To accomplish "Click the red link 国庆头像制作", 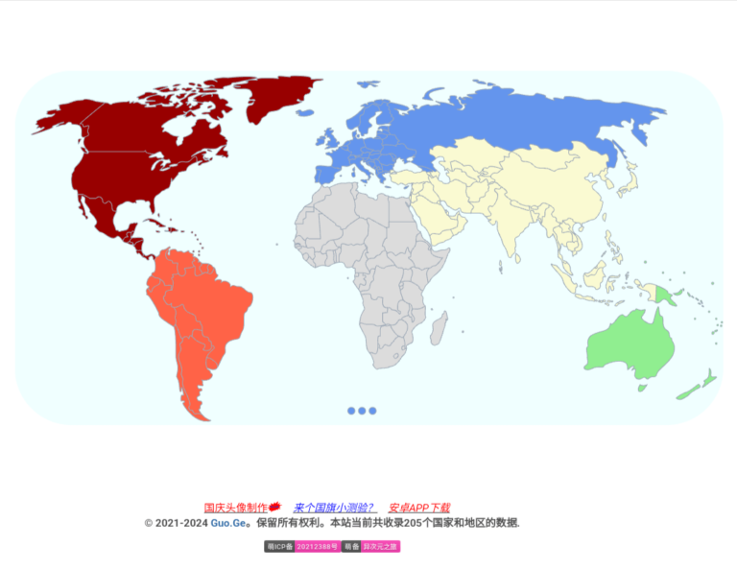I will click(235, 508).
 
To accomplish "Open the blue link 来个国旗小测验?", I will click(335, 508).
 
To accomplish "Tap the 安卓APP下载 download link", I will click(419, 508).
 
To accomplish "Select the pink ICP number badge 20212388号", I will click(317, 547).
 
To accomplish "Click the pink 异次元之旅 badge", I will click(380, 547).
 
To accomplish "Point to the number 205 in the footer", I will click(415, 523).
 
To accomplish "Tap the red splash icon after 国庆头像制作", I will click(274, 507).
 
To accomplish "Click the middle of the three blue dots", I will click(362, 411).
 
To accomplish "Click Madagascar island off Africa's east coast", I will click(439, 329).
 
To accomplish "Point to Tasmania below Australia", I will click(642, 389).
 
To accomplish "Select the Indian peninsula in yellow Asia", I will click(513, 235).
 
